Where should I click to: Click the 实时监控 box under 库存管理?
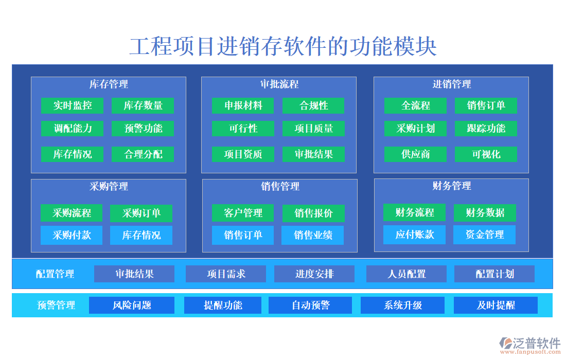[x=73, y=106]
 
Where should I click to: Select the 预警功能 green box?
[x=143, y=129]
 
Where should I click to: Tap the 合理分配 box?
[x=143, y=154]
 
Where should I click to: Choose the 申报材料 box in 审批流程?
[x=243, y=106]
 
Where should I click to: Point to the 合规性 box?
[x=313, y=106]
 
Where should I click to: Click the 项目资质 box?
[x=243, y=154]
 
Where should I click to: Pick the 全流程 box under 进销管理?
[x=415, y=106]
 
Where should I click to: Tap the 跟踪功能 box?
[x=486, y=129]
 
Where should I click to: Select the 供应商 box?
[x=415, y=154]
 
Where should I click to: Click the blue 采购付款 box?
[x=72, y=236]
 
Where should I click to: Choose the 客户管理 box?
[x=243, y=213]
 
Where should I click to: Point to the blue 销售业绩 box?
[x=313, y=236]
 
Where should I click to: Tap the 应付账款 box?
[x=414, y=235]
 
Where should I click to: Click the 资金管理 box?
[x=484, y=235]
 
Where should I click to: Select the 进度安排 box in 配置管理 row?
[x=314, y=274]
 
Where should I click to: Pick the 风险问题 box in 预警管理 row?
[x=132, y=305]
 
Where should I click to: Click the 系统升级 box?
[x=402, y=305]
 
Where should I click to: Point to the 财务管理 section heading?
[x=451, y=186]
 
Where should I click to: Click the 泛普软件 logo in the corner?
[x=530, y=345]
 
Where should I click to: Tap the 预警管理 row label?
[x=56, y=305]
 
